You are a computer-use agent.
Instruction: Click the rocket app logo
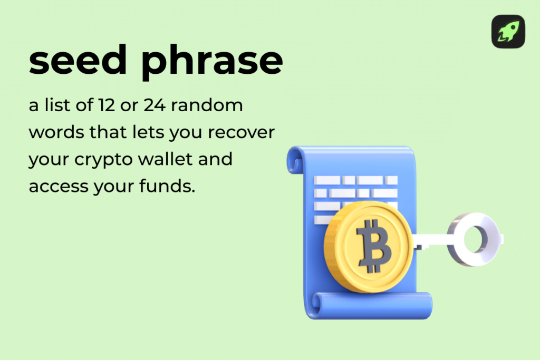click(x=508, y=32)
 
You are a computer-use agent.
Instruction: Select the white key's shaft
click(x=430, y=241)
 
